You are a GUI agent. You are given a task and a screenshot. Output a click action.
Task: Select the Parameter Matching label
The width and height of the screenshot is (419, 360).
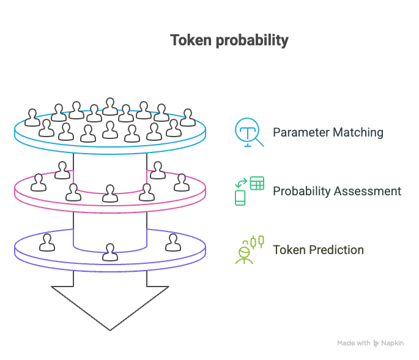click(x=328, y=132)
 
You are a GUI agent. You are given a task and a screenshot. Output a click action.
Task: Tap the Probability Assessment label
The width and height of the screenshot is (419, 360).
click(x=337, y=191)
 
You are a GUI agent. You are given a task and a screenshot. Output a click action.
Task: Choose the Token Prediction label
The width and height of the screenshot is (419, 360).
click(x=318, y=250)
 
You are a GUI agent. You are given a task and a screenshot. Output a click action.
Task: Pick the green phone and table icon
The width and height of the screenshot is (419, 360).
click(x=249, y=190)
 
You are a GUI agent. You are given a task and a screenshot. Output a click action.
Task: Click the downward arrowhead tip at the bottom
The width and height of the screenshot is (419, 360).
click(x=110, y=328)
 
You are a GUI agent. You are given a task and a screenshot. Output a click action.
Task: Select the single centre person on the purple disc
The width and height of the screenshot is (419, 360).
click(x=110, y=252)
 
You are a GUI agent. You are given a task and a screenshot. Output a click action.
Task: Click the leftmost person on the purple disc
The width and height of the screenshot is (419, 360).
click(x=46, y=242)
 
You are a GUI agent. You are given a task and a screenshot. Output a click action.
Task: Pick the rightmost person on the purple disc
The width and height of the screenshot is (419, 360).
click(x=174, y=242)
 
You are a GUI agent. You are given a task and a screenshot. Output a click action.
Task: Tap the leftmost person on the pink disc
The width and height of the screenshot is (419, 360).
click(x=39, y=182)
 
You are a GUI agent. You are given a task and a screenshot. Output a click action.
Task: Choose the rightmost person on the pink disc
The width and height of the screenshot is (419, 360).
click(x=181, y=182)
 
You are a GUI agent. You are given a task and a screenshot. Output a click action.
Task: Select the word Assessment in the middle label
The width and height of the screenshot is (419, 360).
click(x=371, y=191)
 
